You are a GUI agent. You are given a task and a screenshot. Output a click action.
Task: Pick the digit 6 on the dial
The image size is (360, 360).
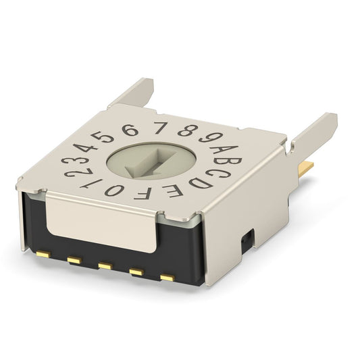point(130,130)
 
